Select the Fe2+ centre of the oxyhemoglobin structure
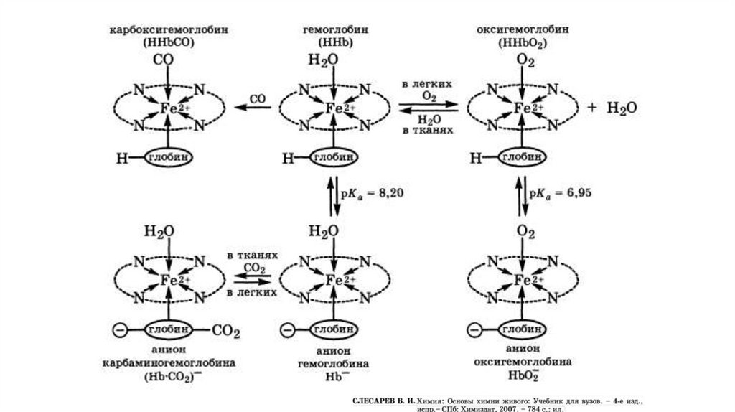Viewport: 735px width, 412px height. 528,108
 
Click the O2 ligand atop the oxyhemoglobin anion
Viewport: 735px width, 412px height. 525,232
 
